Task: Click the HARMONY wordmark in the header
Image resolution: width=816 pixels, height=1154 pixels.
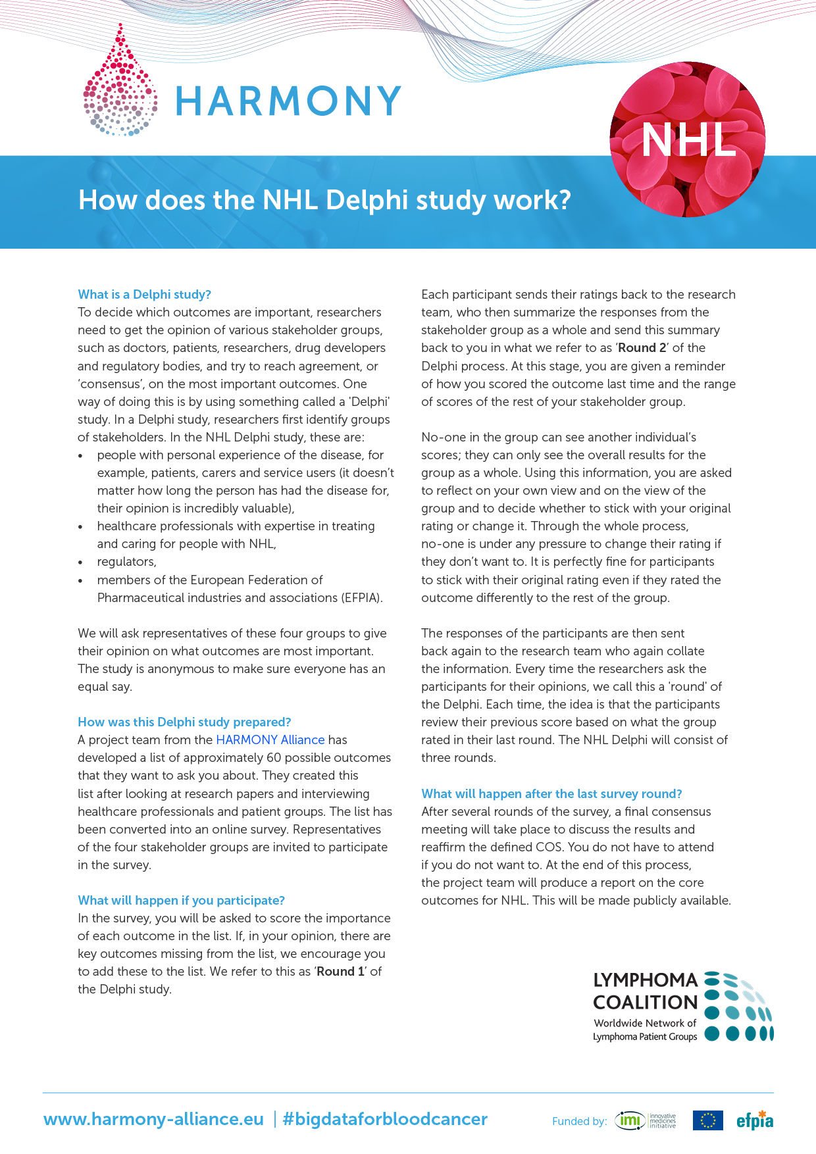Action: pyautogui.click(x=288, y=101)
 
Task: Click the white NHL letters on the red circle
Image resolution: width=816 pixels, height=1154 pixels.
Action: pyautogui.click(x=688, y=140)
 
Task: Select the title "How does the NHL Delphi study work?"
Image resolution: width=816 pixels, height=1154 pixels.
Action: pyautogui.click(x=324, y=200)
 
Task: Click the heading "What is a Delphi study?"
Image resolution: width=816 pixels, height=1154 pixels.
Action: pyautogui.click(x=144, y=294)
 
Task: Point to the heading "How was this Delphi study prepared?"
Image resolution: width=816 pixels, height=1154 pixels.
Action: pyautogui.click(x=184, y=722)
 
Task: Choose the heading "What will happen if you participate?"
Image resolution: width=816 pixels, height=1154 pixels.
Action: pyautogui.click(x=181, y=900)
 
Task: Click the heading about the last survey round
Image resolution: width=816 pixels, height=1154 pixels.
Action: pyautogui.click(x=551, y=793)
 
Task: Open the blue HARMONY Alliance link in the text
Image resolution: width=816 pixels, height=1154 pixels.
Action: pyautogui.click(x=270, y=740)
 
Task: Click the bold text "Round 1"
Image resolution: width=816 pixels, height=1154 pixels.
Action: pyautogui.click(x=340, y=971)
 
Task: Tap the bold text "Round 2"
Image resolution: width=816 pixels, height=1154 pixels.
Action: pyautogui.click(x=642, y=347)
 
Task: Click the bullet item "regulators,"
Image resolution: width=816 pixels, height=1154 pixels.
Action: pyautogui.click(x=126, y=561)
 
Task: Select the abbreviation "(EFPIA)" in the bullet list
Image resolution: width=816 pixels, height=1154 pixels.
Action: pyautogui.click(x=361, y=597)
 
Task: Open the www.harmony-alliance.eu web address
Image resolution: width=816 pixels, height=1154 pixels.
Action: pyautogui.click(x=153, y=1119)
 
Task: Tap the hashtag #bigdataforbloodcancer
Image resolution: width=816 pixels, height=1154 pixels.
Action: pyautogui.click(x=385, y=1119)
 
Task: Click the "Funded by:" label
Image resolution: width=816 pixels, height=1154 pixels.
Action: pyautogui.click(x=579, y=1121)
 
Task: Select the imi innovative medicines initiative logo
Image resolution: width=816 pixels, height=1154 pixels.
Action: pyautogui.click(x=645, y=1120)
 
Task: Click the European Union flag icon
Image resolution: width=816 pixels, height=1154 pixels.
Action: pyautogui.click(x=707, y=1120)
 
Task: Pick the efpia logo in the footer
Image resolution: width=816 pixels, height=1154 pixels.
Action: pyautogui.click(x=755, y=1120)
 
